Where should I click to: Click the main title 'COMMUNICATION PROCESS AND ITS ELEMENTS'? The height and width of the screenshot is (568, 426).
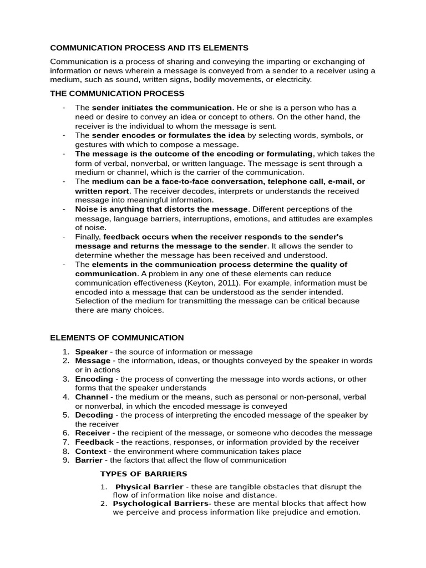tap(149, 48)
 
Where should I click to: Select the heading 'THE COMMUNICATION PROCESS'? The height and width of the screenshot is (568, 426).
tap(117, 94)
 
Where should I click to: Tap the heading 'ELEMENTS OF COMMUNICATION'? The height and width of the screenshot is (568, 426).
tap(117, 337)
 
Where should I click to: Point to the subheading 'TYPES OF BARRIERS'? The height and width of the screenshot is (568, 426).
tap(144, 474)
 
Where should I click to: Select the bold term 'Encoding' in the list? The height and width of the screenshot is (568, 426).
tap(94, 379)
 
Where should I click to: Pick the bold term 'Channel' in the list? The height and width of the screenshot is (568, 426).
tap(92, 397)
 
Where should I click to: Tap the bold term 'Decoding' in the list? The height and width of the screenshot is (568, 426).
tap(94, 415)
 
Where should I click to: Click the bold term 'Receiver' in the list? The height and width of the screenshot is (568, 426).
tap(93, 433)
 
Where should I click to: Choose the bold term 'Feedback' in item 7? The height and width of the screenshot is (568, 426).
tap(94, 442)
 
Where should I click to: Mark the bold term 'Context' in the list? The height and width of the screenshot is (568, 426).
tap(90, 451)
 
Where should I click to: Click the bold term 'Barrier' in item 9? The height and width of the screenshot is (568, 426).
tap(89, 460)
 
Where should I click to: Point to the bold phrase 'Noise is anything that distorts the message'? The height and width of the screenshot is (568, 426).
tap(161, 209)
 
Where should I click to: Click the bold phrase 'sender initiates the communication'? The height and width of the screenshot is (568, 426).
tap(162, 108)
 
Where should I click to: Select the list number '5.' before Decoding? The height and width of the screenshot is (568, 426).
tap(65, 415)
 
